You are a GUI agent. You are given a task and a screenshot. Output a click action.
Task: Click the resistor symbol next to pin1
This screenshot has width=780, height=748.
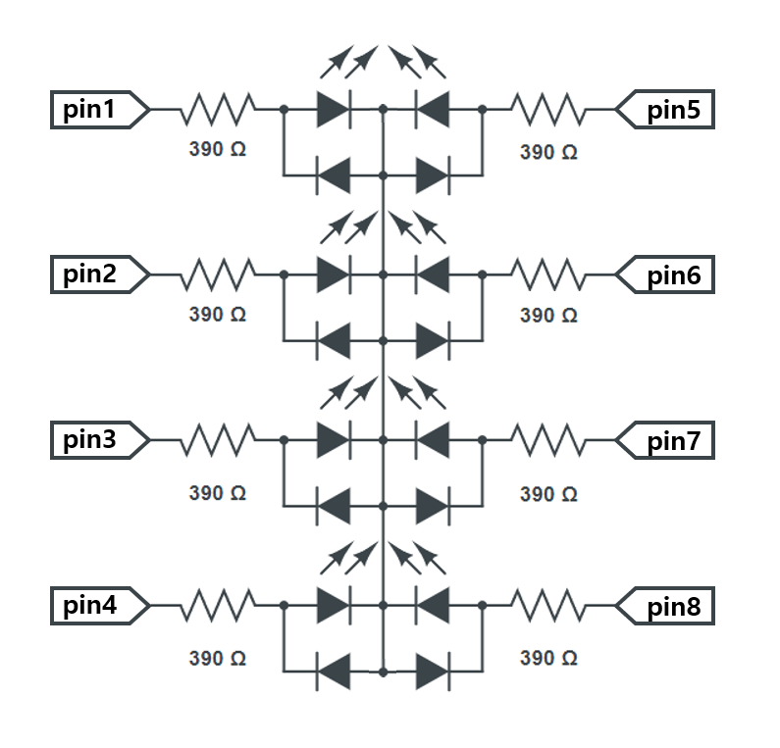[x=218, y=110]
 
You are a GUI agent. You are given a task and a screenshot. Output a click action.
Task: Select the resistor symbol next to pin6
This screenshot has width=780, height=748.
[x=548, y=275]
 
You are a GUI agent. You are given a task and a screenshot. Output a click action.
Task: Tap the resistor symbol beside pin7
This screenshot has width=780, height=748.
[x=548, y=441]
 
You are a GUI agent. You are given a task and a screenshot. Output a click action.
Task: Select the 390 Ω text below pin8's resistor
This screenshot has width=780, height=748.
[x=548, y=658]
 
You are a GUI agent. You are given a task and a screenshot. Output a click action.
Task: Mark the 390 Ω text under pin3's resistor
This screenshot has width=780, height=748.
[x=218, y=492]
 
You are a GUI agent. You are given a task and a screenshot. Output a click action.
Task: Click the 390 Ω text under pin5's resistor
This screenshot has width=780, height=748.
[x=548, y=152]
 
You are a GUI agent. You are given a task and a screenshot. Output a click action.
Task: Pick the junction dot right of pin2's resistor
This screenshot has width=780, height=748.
[x=284, y=275]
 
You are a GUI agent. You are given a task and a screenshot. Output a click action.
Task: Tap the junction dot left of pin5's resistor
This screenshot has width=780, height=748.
[x=483, y=110]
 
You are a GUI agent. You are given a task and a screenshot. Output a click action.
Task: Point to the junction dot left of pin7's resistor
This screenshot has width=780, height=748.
[x=483, y=441]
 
